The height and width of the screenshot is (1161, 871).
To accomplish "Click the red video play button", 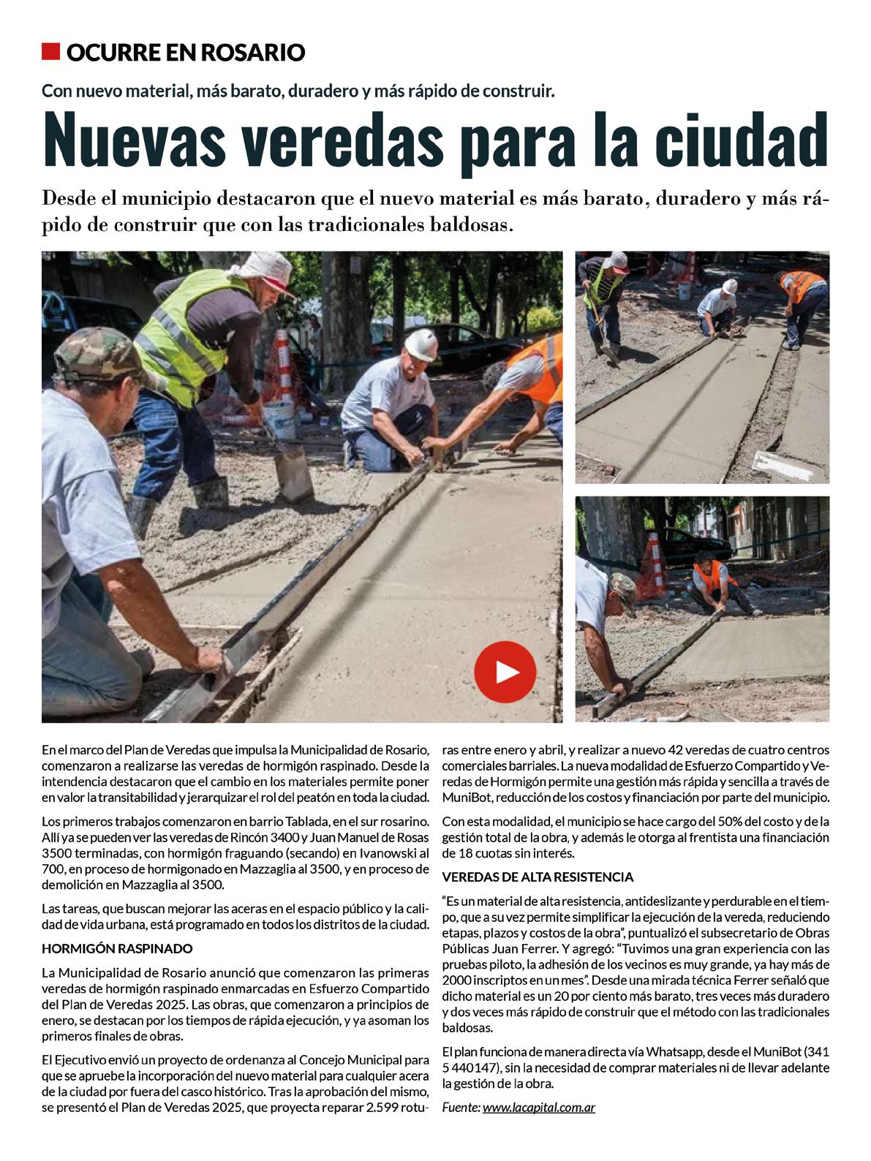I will (505, 672).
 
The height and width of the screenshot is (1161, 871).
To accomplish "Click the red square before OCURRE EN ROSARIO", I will (50, 52).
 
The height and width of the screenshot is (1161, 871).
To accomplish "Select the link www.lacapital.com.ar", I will (539, 1107).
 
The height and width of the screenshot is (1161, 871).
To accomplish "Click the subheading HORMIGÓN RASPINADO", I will (117, 949).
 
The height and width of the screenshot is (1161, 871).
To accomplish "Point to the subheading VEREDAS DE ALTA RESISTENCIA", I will (538, 877).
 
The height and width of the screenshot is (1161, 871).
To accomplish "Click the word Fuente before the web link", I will (461, 1107).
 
